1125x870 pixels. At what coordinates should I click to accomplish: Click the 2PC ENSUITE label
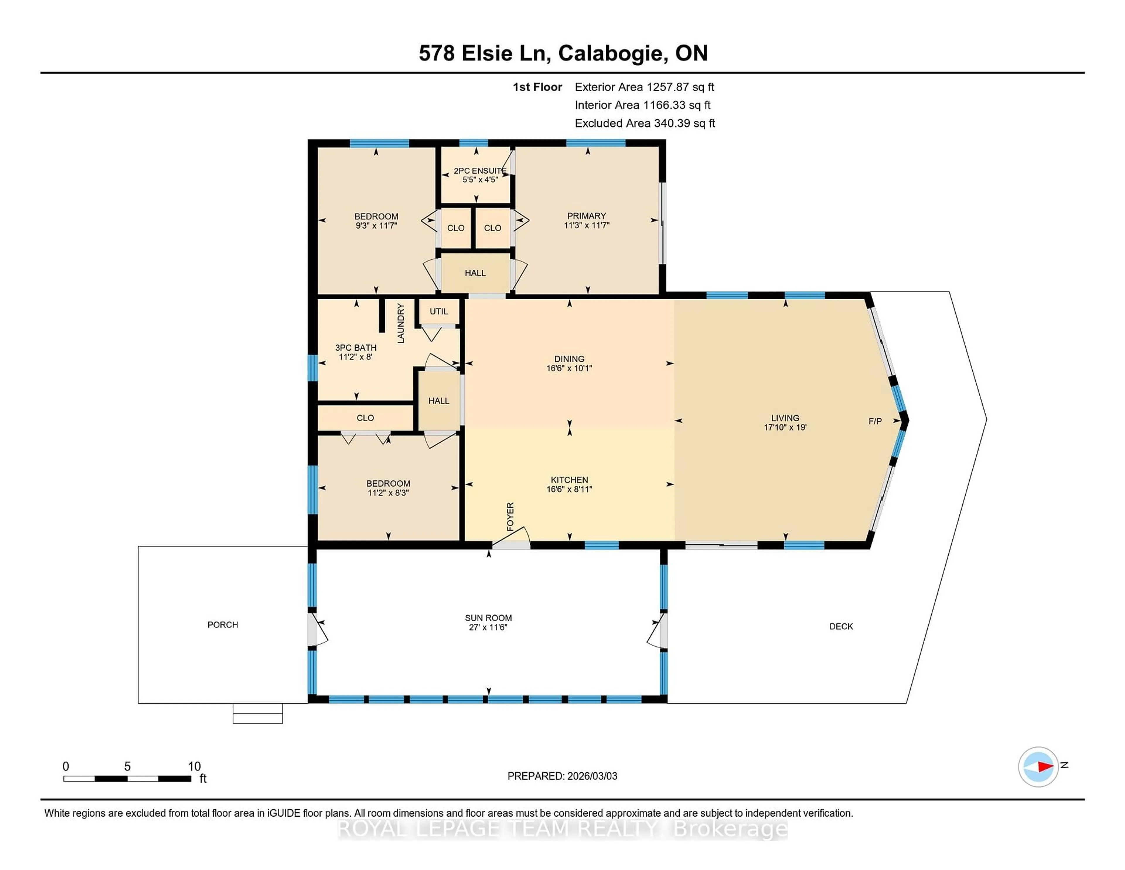(x=480, y=171)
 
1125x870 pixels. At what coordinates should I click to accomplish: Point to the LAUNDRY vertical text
(x=401, y=323)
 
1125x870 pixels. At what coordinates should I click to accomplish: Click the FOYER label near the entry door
(x=510, y=516)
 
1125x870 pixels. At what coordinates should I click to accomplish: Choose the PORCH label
(x=223, y=625)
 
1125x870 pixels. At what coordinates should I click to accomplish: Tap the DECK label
(x=841, y=626)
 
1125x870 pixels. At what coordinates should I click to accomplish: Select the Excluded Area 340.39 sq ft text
(x=645, y=123)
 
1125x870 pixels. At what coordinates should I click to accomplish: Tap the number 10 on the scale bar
(x=194, y=767)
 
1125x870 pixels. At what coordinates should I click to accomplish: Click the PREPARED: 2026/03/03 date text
(x=562, y=776)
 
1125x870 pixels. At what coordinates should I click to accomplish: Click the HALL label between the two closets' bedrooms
(x=475, y=273)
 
